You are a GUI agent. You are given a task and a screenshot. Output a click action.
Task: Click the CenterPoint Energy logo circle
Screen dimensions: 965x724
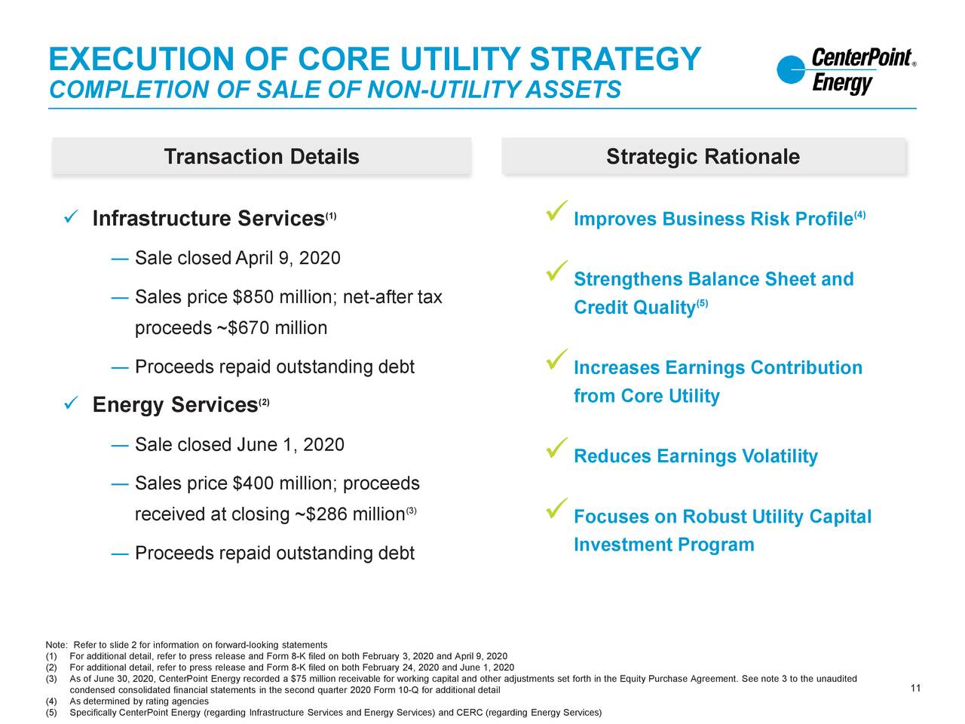[790, 69]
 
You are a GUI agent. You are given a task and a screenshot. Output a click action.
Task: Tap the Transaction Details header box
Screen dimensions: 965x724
[262, 157]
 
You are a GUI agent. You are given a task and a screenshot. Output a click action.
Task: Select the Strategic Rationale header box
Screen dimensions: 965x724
[704, 157]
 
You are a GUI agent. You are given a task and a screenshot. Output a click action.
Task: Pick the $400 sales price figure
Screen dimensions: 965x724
[253, 483]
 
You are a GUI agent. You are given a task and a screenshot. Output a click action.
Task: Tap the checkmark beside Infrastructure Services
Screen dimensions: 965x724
[71, 216]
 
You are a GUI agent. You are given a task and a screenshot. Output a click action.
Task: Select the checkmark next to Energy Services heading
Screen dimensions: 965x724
[71, 402]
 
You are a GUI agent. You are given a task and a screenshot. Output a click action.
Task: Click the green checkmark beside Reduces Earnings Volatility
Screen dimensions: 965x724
[556, 448]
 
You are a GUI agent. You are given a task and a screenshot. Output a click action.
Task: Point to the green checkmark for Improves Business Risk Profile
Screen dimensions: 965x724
[556, 210]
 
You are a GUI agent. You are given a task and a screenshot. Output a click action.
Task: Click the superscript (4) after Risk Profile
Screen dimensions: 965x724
[860, 215]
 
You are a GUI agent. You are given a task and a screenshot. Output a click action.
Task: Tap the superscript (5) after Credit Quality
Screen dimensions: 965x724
[702, 303]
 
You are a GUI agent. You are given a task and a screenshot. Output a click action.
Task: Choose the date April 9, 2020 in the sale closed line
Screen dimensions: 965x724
[288, 258]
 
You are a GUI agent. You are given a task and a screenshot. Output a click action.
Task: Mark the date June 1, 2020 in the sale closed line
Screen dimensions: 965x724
[290, 444]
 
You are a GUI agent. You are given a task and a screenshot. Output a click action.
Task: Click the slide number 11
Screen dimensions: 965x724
[915, 688]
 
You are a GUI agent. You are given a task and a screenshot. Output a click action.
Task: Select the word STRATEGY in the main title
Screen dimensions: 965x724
[615, 59]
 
